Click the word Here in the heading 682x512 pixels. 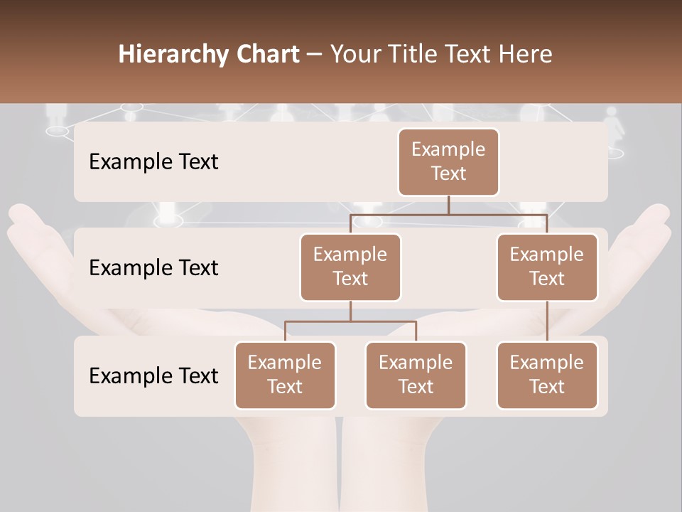pyautogui.click(x=525, y=55)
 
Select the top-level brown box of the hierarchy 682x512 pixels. pyautogui.click(x=448, y=162)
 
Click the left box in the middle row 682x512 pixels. pyautogui.click(x=350, y=267)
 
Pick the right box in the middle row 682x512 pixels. pyautogui.click(x=547, y=267)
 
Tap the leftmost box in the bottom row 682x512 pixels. pyautogui.click(x=285, y=375)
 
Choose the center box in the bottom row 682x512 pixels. pyautogui.click(x=416, y=375)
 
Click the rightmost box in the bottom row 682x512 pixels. pyautogui.click(x=547, y=375)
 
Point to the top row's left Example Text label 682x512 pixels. pyautogui.click(x=153, y=162)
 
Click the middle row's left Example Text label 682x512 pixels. pyautogui.click(x=153, y=268)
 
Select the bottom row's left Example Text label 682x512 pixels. pyautogui.click(x=153, y=375)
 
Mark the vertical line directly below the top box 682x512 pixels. pyautogui.click(x=448, y=205)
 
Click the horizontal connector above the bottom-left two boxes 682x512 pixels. pyautogui.click(x=350, y=321)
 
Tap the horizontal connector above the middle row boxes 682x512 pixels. pyautogui.click(x=448, y=214)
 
